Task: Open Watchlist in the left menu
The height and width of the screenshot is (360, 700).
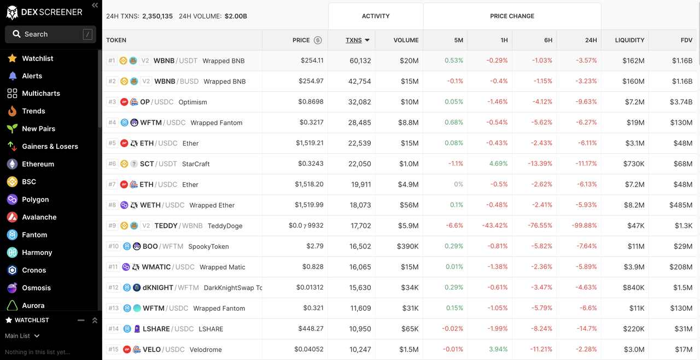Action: point(37,59)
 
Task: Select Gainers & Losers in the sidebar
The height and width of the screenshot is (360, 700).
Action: point(50,147)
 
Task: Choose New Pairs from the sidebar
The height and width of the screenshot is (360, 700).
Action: point(38,129)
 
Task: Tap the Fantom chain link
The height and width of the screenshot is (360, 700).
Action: point(34,235)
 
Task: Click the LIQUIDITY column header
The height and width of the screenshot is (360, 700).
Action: point(629,40)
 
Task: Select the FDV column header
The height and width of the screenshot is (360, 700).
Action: point(686,40)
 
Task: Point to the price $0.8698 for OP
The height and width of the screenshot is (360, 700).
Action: point(311,102)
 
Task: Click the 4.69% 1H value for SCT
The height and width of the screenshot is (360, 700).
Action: point(498,164)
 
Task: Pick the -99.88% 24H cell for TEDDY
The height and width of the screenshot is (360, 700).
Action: point(586,225)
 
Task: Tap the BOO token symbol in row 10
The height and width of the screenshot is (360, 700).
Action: point(150,246)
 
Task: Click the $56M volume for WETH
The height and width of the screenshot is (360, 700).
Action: point(409,205)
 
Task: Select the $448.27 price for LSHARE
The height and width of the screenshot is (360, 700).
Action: point(311,329)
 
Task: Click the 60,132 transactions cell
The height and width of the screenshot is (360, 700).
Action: point(360,61)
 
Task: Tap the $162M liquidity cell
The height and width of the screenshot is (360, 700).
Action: point(633,61)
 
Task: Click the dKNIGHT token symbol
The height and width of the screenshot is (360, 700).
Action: point(157,288)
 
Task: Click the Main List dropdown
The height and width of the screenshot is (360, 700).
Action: point(22,336)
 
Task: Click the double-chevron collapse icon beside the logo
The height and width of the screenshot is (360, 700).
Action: point(95,5)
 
